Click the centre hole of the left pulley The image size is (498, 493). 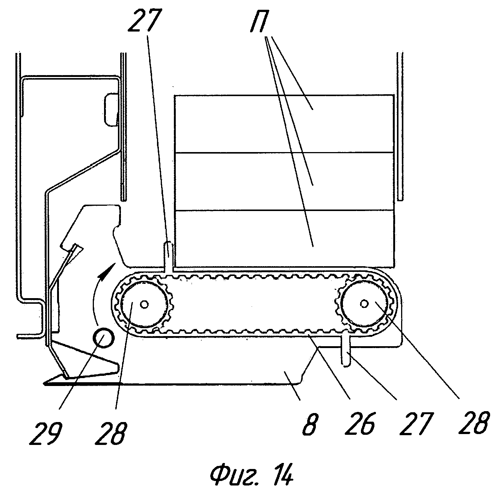pyautogui.click(x=144, y=304)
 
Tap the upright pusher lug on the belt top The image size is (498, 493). pyautogui.click(x=169, y=255)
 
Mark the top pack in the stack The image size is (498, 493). pyautogui.click(x=284, y=124)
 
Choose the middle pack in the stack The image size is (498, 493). pyautogui.click(x=284, y=181)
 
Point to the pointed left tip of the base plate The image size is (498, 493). pyautogui.click(x=46, y=383)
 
